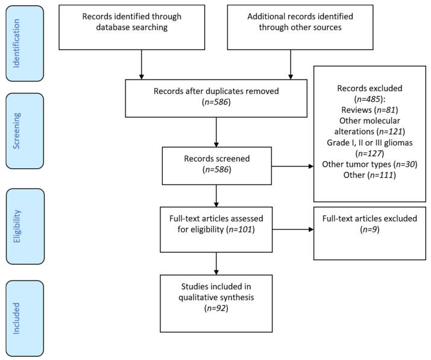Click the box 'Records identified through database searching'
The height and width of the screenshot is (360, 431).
(141, 28)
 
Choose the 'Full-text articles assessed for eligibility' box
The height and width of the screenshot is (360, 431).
(215, 229)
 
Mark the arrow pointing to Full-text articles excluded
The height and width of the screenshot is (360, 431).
(292, 230)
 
